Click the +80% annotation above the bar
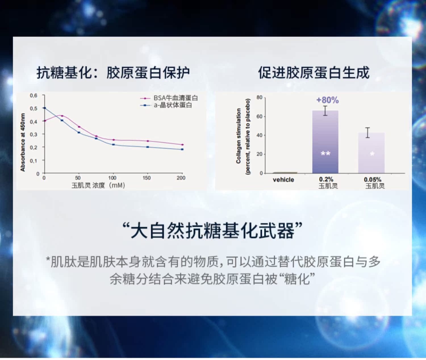tap(327, 100)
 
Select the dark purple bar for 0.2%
tap(325, 142)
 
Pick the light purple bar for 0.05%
tap(371, 153)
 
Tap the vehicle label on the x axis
tap(283, 180)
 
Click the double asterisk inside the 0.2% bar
tap(325, 153)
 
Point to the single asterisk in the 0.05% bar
tap(372, 154)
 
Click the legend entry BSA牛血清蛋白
tap(169, 98)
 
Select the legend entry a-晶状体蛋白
tap(166, 105)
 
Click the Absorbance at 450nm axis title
tap(22, 143)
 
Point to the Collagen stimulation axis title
tap(238, 136)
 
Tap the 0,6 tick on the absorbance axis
tap(34, 95)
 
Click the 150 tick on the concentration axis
tap(147, 178)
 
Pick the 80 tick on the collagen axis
tap(260, 97)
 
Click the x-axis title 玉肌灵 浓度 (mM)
tap(98, 185)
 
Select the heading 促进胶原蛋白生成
tap(314, 73)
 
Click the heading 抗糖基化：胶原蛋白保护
tap(113, 73)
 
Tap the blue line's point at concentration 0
tap(45, 108)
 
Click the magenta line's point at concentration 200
tap(182, 145)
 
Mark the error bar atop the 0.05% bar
tap(367, 133)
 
